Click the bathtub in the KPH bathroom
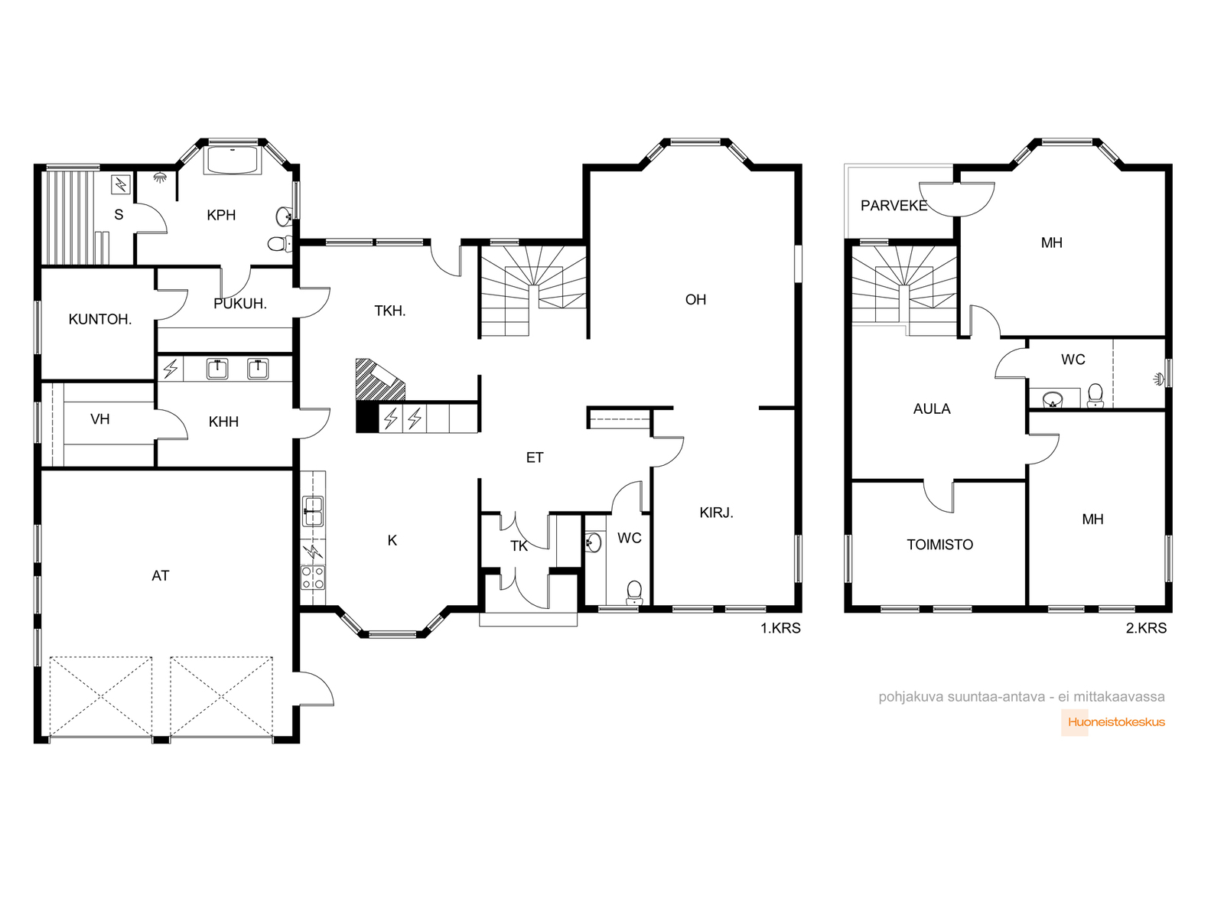pyautogui.click(x=233, y=161)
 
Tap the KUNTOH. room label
pyautogui.click(x=99, y=319)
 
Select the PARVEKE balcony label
pyautogui.click(x=894, y=206)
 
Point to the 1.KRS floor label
pyautogui.click(x=780, y=628)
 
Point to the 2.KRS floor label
pyautogui.click(x=1146, y=628)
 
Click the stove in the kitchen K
pyautogui.click(x=313, y=578)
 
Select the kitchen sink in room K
pyautogui.click(x=313, y=511)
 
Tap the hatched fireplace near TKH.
pyautogui.click(x=380, y=379)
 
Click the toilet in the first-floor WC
pyautogui.click(x=634, y=592)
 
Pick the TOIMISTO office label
pyautogui.click(x=939, y=545)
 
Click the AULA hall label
pyautogui.click(x=932, y=409)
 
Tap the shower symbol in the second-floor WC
pyautogui.click(x=1159, y=379)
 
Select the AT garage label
pyautogui.click(x=160, y=576)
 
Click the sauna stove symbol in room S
pyautogui.click(x=121, y=184)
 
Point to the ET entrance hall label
pyautogui.click(x=534, y=457)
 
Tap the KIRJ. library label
pyautogui.click(x=716, y=513)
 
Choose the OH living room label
pyautogui.click(x=695, y=300)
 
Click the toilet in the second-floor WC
pyautogui.click(x=1095, y=396)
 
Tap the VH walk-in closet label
pyautogui.click(x=99, y=419)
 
